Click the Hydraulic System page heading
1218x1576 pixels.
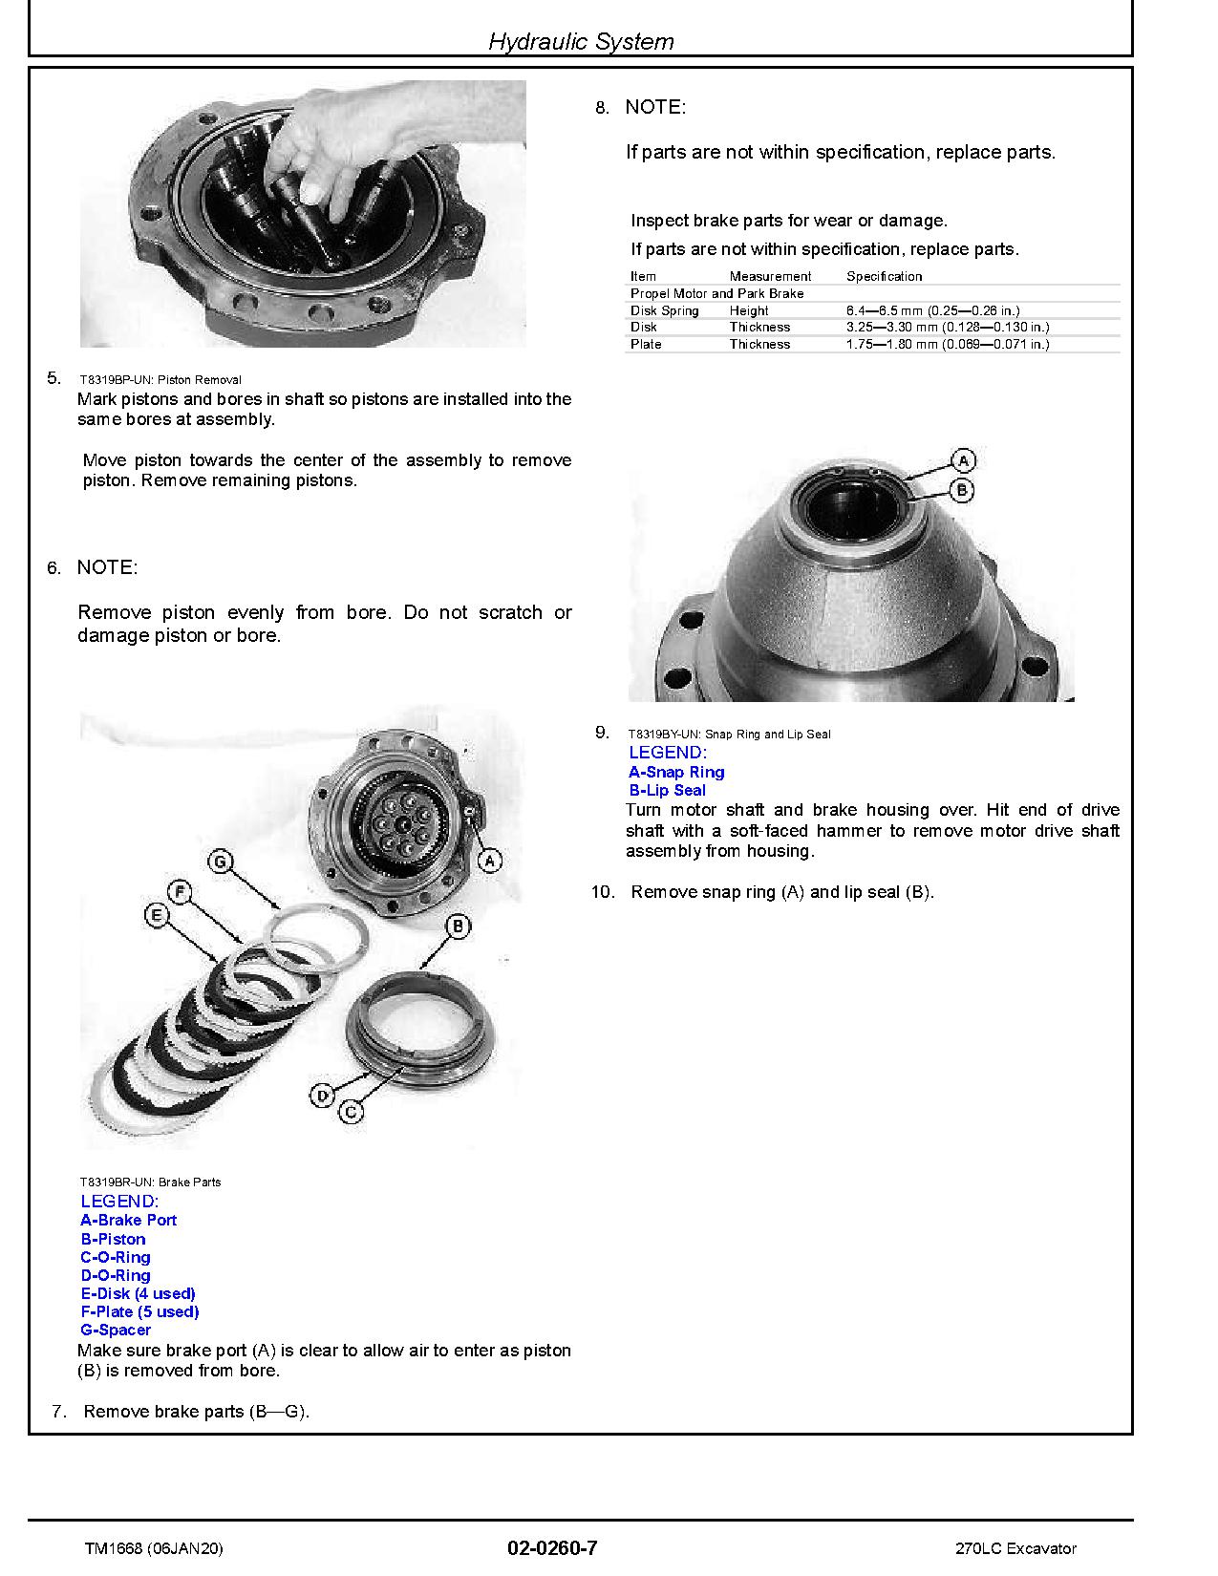pyautogui.click(x=581, y=41)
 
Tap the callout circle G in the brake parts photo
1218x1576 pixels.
pyautogui.click(x=221, y=862)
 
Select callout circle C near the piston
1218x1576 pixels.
pyautogui.click(x=353, y=1112)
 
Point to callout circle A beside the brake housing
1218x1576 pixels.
pyautogui.click(x=490, y=861)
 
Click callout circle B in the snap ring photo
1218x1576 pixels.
pyautogui.click(x=963, y=490)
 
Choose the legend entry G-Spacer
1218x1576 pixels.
pyautogui.click(x=116, y=1330)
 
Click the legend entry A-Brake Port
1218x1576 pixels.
pyautogui.click(x=128, y=1220)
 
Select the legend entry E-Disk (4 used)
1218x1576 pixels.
pyautogui.click(x=138, y=1293)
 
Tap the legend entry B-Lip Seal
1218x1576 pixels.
pyautogui.click(x=667, y=790)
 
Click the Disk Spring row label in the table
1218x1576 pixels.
pyautogui.click(x=664, y=310)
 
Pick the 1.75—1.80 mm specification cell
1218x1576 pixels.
pyautogui.click(x=947, y=344)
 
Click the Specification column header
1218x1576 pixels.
pyautogui.click(x=884, y=276)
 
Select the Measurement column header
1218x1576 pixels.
pyautogui.click(x=770, y=276)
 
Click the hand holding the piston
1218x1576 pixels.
pyautogui.click(x=325, y=143)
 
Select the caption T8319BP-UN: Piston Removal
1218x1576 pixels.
pyautogui.click(x=160, y=379)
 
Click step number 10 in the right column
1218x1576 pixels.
pyautogui.click(x=602, y=892)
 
